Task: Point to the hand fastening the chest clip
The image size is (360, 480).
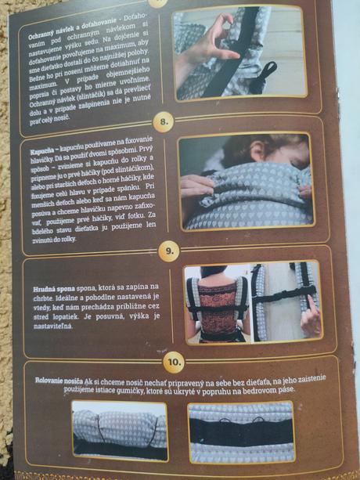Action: pos(309,317)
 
